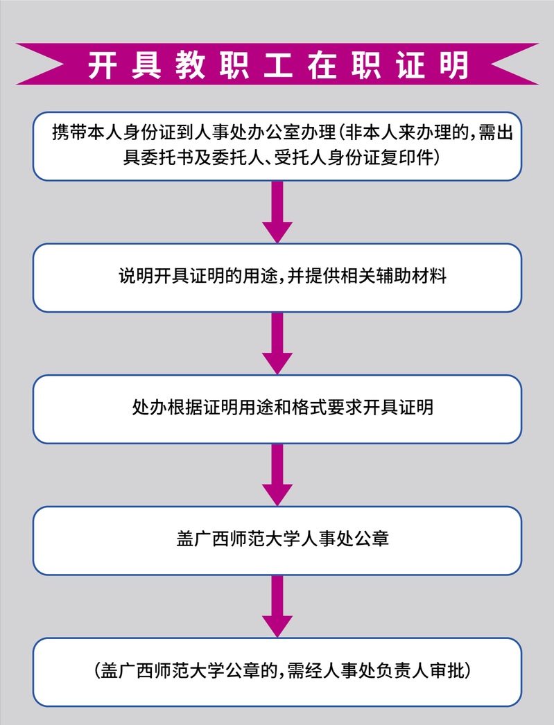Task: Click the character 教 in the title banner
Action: [x=190, y=64]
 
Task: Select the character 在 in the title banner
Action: [x=322, y=64]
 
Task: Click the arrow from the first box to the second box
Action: [x=277, y=212]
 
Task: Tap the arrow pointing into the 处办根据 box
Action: [x=277, y=343]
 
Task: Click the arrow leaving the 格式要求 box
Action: [x=277, y=474]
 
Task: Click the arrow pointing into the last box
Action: [x=277, y=606]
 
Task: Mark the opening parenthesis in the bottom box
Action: [x=97, y=670]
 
